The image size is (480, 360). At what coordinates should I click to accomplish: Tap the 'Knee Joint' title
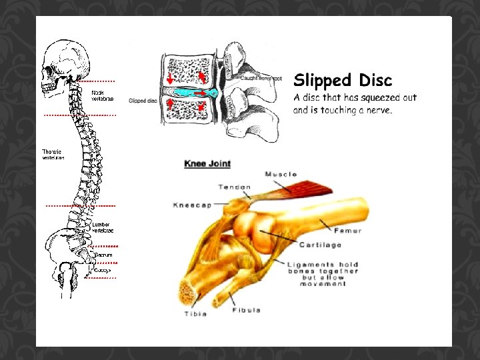[207, 163]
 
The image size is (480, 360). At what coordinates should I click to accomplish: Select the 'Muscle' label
[281, 175]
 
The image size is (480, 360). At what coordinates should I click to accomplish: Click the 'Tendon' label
[234, 187]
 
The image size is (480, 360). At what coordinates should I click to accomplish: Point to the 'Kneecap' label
[192, 205]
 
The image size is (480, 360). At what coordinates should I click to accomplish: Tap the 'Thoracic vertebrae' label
[53, 155]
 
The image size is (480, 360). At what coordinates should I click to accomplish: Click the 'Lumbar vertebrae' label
[103, 227]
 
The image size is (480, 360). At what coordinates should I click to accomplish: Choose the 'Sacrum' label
[103, 255]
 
